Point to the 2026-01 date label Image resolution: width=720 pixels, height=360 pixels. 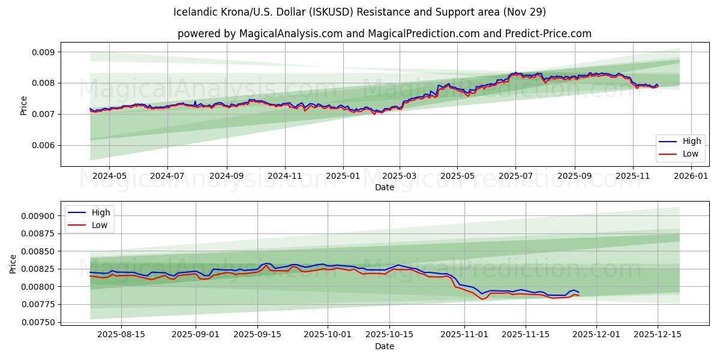[x=691, y=176]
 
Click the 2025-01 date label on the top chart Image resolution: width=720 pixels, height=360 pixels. [x=343, y=176]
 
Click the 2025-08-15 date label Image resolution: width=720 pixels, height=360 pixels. [x=121, y=334]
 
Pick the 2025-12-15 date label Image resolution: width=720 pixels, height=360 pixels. [x=658, y=334]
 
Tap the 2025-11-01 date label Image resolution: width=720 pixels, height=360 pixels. [x=465, y=334]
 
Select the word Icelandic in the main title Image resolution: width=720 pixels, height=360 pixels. [x=196, y=12]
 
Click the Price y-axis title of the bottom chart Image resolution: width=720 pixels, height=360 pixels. [x=13, y=264]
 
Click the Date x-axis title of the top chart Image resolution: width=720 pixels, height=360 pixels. [x=384, y=187]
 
